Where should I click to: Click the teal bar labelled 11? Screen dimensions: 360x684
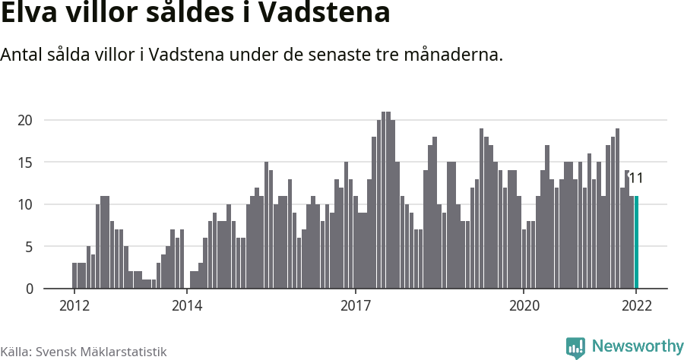coord(637,242)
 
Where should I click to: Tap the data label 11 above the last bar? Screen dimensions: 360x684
coord(636,178)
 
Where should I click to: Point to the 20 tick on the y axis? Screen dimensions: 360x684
coord(25,120)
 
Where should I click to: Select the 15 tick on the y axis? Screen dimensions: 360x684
coord(25,163)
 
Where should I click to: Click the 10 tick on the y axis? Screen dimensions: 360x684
coord(25,204)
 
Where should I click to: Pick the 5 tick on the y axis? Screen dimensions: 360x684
coord(28,247)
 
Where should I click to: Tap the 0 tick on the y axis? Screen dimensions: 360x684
coord(28,289)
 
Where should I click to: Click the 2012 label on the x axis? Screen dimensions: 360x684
coord(74,306)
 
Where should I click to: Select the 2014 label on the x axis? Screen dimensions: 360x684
coord(186,306)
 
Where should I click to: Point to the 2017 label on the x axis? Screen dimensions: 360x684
coord(355,306)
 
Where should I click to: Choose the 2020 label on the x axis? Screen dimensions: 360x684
coord(524,306)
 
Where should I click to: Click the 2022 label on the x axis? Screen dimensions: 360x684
coord(636,306)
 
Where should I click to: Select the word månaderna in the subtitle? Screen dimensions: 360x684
coord(453,55)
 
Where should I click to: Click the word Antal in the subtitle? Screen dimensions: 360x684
coord(22,55)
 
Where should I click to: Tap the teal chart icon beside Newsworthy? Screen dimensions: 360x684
coord(576,348)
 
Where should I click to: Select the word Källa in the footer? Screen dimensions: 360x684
coord(16,352)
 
